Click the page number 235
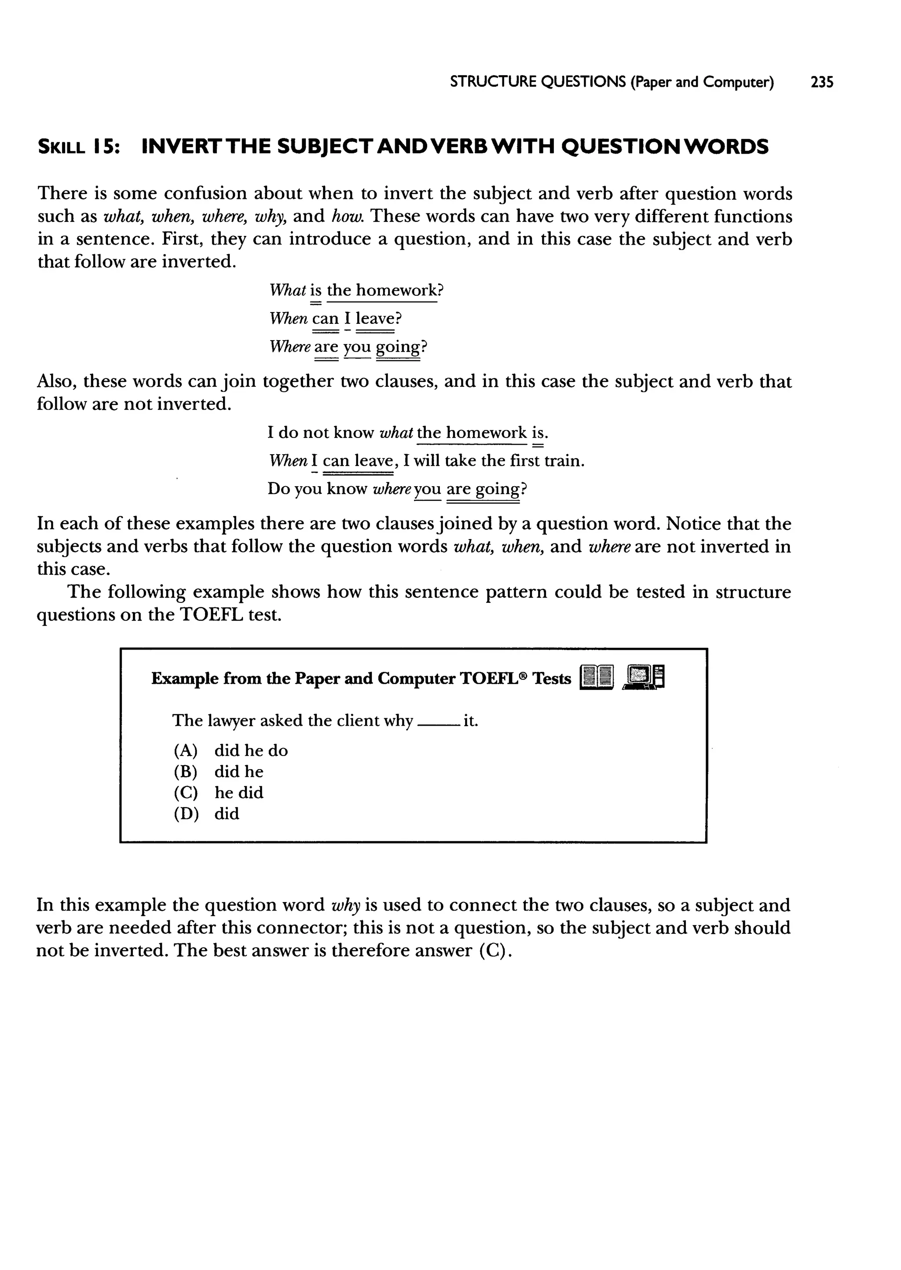coord(822,82)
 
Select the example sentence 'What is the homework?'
coord(356,290)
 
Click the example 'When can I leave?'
coord(335,319)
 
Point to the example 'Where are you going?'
coord(348,347)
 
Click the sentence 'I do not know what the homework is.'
coord(407,432)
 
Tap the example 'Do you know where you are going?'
coord(397,489)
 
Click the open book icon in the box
coord(597,677)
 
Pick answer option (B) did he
coord(219,772)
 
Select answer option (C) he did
coord(219,793)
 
